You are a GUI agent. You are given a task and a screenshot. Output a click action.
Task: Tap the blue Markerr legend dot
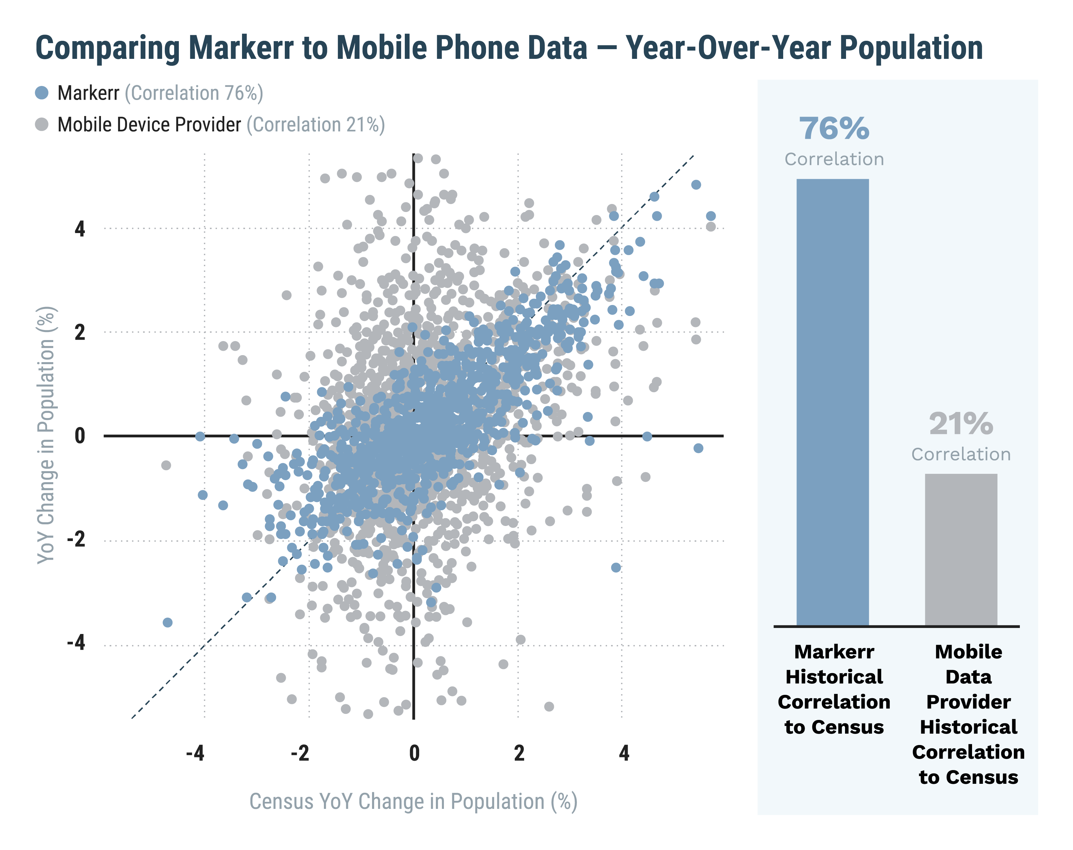coord(42,93)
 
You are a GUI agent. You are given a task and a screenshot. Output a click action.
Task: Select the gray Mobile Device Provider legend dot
coord(42,124)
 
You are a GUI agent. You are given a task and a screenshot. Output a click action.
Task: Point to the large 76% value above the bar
coord(834,128)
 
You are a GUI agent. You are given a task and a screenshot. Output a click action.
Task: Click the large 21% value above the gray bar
coord(961,424)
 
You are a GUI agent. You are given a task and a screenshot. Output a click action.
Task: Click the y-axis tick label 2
coord(80,332)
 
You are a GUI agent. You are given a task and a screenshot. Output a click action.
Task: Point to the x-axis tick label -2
coord(300,753)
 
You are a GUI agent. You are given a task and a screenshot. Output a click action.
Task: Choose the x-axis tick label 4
coord(624,753)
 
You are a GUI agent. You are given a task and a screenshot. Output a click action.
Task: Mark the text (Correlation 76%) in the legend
coord(194,93)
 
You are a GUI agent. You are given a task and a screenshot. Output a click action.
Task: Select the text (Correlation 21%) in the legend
coord(316,124)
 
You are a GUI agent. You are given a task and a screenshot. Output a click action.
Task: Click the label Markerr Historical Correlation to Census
coord(834,689)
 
